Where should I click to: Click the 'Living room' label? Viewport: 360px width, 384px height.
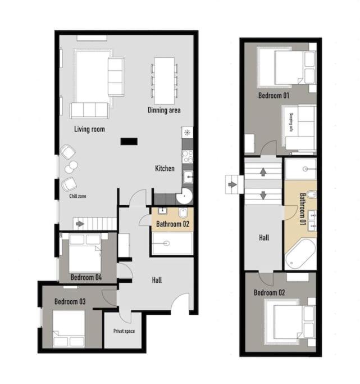pos(89,129)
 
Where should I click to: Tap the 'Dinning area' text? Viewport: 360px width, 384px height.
pos(164,110)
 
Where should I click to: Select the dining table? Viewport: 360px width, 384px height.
pos(165,81)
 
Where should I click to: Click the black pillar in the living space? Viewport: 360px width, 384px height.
pos(129,142)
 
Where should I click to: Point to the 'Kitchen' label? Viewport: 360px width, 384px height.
pos(165,169)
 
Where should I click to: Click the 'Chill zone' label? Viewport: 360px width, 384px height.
pos(78,196)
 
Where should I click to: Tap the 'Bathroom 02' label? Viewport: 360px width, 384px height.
pos(172,224)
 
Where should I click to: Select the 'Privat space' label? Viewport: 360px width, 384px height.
pos(124,331)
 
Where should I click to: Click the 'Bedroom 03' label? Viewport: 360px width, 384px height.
pos(70,301)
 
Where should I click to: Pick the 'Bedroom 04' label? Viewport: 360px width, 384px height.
pos(86,278)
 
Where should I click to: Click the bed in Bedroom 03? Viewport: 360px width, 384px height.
pos(69,329)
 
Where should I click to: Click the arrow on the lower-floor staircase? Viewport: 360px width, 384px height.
pos(80,224)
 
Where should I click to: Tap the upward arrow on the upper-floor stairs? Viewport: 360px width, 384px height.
pos(263,171)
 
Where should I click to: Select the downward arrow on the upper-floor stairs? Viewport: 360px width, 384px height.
pos(263,195)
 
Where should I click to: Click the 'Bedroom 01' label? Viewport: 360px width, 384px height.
pos(274,95)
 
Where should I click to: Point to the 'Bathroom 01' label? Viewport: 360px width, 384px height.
pos(303,209)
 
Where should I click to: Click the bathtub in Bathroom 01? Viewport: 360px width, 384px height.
pos(300,254)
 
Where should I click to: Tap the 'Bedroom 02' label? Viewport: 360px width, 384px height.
pos(269,293)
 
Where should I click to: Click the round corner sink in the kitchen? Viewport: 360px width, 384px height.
pos(184,196)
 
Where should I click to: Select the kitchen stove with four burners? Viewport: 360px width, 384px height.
pos(188,156)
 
